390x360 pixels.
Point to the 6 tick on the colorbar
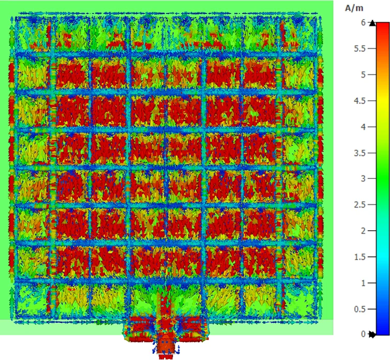363,22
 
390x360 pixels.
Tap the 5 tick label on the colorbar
363,74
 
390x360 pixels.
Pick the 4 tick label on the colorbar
363,127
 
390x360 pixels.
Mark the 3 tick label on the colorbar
363,178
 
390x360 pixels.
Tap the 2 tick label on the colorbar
363,231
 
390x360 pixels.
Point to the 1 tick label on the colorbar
363,283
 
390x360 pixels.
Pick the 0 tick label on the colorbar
363,334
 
